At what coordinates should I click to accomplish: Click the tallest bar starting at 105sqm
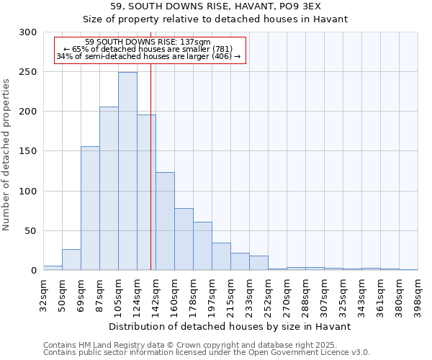pyautogui.click(x=127, y=171)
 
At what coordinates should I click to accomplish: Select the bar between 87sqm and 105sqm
pyautogui.click(x=109, y=189)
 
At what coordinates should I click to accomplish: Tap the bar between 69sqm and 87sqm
pyautogui.click(x=90, y=208)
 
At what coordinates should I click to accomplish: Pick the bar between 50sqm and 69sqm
pyautogui.click(x=71, y=260)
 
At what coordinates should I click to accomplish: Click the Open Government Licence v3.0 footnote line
pyautogui.click(x=207, y=353)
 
